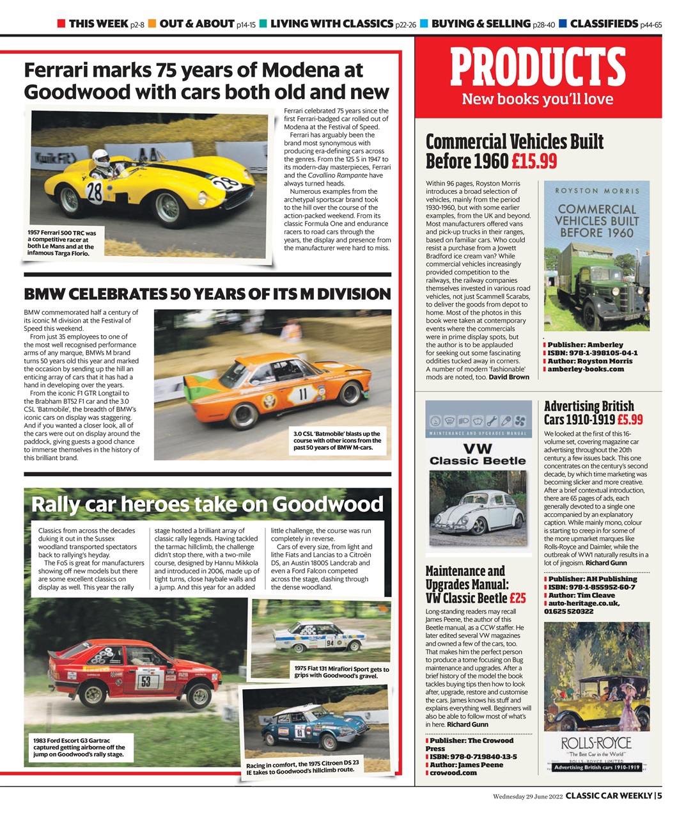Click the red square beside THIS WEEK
click(61, 24)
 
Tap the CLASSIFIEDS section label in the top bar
click(604, 24)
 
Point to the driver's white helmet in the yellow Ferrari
click(101, 157)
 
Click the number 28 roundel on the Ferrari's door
click(95, 192)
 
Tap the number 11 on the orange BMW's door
click(303, 392)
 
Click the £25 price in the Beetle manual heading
click(517, 598)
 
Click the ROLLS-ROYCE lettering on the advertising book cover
click(596, 743)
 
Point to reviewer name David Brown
click(509, 377)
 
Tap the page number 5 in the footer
click(659, 796)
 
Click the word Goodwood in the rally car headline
click(327, 504)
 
